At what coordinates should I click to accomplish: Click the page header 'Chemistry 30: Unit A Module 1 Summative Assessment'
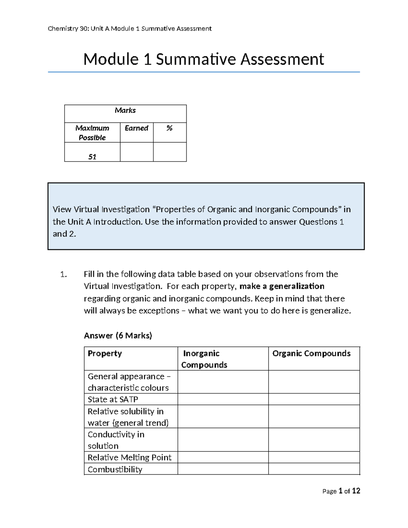130,29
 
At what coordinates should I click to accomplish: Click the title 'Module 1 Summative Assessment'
203,59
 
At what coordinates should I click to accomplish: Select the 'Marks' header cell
125,110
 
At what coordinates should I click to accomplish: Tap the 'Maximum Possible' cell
92,133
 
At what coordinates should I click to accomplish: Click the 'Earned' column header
136,128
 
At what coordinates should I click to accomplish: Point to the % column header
169,128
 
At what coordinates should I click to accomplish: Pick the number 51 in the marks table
92,157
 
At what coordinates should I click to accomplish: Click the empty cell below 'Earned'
136,152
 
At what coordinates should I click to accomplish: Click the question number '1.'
64,274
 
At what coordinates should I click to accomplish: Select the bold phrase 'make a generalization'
282,286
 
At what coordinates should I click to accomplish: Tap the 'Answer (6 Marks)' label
118,336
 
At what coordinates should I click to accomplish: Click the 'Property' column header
105,354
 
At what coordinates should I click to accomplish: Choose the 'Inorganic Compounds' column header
204,359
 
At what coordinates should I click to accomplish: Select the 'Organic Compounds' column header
311,354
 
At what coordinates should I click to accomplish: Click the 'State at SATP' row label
113,399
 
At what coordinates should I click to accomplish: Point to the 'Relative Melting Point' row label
130,458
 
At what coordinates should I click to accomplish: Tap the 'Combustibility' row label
115,470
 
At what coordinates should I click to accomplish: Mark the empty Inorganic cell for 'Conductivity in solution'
223,440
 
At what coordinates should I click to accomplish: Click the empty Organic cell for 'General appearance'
314,382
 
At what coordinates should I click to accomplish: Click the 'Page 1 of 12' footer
341,491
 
